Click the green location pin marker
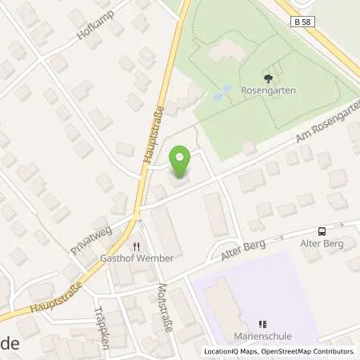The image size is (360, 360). click(x=182, y=162)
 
